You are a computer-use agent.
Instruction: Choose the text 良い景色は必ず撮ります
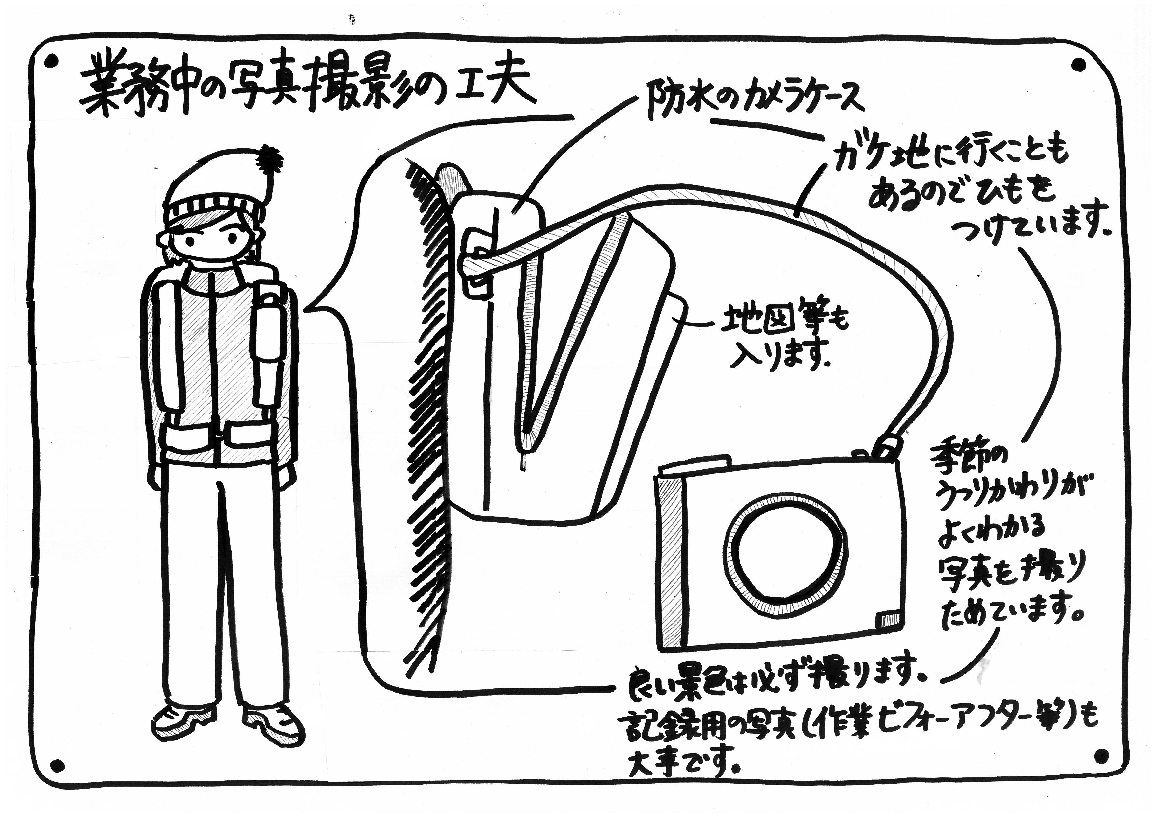[x=772, y=682]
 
